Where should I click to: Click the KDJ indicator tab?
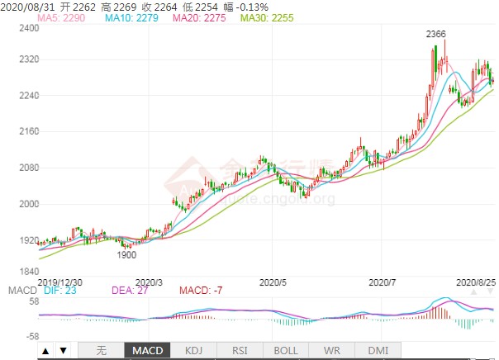point(192,351)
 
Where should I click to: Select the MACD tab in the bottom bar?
point(149,351)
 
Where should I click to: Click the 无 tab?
point(102,351)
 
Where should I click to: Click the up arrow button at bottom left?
point(45,351)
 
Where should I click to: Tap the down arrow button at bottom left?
point(64,351)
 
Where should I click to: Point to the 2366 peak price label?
point(435,34)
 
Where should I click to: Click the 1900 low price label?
point(126,255)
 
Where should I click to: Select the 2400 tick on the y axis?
point(30,27)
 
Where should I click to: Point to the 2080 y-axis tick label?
point(30,168)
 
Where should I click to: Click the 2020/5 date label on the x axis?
point(273,282)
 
